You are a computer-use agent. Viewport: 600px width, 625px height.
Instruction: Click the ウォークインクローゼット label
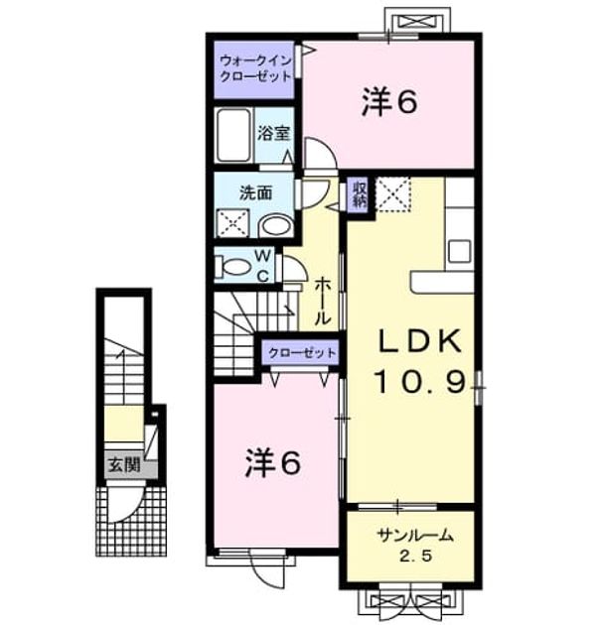click(x=256, y=68)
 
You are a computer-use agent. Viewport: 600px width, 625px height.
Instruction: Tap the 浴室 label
click(x=273, y=133)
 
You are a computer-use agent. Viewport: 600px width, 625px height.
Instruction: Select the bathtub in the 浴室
click(x=233, y=135)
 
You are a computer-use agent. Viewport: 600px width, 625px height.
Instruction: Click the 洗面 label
click(x=255, y=192)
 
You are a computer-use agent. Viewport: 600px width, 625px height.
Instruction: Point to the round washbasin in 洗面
click(x=276, y=226)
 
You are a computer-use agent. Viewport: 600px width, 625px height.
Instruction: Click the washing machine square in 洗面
click(x=232, y=223)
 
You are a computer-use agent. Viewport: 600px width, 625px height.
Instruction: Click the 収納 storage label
click(x=359, y=194)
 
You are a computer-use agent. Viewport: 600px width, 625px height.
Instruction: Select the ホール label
click(x=323, y=302)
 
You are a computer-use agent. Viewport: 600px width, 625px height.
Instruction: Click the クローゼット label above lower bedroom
click(x=302, y=353)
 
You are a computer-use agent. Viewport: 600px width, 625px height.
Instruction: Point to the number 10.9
click(x=420, y=382)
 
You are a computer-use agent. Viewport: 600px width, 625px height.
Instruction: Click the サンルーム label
click(x=415, y=536)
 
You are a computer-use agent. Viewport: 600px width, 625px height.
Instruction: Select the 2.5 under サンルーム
click(x=416, y=556)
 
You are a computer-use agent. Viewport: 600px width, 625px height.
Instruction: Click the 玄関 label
click(x=124, y=464)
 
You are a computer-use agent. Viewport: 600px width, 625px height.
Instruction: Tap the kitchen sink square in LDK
click(x=460, y=251)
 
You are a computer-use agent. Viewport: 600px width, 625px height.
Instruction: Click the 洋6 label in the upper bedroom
click(x=389, y=102)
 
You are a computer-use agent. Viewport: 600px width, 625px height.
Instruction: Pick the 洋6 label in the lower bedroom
click(x=272, y=462)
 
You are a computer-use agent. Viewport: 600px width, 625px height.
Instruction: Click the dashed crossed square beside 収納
click(x=393, y=194)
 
